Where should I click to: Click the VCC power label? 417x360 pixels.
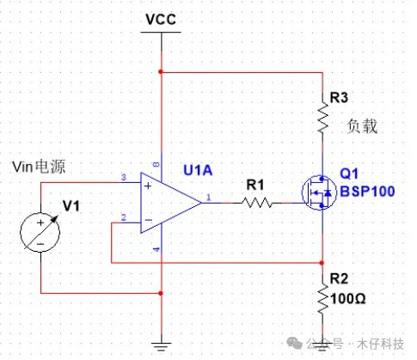[x=161, y=19]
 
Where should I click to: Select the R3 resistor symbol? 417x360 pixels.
[x=322, y=118]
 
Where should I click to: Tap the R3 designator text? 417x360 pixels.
[x=339, y=97]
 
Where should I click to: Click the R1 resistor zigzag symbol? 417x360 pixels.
[x=257, y=203]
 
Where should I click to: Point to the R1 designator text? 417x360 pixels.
[x=255, y=185]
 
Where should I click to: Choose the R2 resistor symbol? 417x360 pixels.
[x=322, y=299]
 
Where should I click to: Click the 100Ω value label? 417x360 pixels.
[x=348, y=299]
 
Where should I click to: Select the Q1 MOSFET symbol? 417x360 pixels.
[x=319, y=192]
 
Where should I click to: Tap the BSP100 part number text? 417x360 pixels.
[x=367, y=192]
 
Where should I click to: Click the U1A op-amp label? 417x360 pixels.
[x=198, y=170]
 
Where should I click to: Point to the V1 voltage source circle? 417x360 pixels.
[x=40, y=232]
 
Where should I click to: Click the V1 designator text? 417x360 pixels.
[x=71, y=206]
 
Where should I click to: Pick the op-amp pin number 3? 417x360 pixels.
[x=124, y=177]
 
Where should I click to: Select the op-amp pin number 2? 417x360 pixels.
[x=124, y=217]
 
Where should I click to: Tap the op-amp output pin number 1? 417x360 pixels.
[x=208, y=197]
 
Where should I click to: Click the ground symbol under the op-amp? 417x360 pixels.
[x=162, y=346]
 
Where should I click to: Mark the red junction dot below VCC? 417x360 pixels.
[x=161, y=71]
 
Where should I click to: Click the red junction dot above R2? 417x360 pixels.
[x=322, y=263]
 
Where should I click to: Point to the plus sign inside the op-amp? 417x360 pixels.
[x=148, y=186]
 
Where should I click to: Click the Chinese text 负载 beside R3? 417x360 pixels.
[x=362, y=126]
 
